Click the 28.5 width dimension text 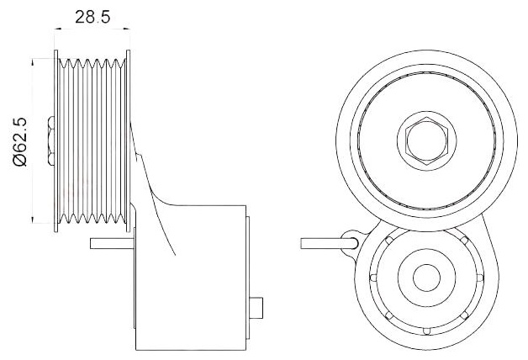pyautogui.click(x=92, y=17)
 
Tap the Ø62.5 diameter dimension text pyautogui.click(x=19, y=141)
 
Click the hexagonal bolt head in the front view pyautogui.click(x=426, y=140)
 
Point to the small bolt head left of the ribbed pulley pyautogui.click(x=51, y=140)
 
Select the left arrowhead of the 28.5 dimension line pyautogui.click(x=58, y=29)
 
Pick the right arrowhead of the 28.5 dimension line pyautogui.click(x=126, y=29)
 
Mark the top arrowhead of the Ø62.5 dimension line pyautogui.click(x=32, y=62)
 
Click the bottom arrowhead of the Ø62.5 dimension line pyautogui.click(x=32, y=220)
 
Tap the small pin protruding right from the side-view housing pyautogui.click(x=256, y=308)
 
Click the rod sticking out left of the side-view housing pyautogui.click(x=112, y=243)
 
